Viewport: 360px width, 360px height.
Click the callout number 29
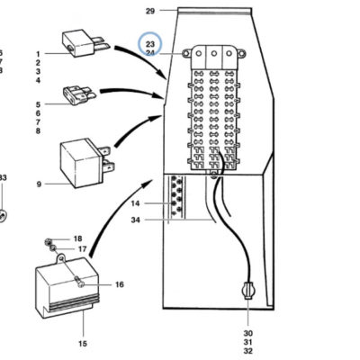coord(150,11)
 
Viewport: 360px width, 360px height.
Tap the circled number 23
coord(150,44)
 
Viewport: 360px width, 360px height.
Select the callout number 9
coord(39,184)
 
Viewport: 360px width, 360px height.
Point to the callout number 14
coord(135,203)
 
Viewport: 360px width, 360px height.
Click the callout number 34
coord(135,220)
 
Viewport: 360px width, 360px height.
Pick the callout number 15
coord(83,344)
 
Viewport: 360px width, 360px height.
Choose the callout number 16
coord(120,284)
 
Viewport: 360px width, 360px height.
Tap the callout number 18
coord(77,238)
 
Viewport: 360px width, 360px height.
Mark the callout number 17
coord(82,249)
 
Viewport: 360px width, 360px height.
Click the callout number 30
coord(248,333)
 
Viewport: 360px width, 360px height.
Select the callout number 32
coord(248,350)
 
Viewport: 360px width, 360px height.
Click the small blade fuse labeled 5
coord(79,94)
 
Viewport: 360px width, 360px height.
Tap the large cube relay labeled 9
coord(85,163)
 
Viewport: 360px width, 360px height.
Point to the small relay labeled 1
coord(84,43)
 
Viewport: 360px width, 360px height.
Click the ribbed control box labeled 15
coord(67,288)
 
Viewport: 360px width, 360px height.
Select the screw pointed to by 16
coord(80,282)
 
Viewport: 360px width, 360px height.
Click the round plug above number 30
coord(248,291)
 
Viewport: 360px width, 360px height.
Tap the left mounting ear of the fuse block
coord(186,54)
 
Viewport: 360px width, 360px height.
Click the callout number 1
coord(38,54)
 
